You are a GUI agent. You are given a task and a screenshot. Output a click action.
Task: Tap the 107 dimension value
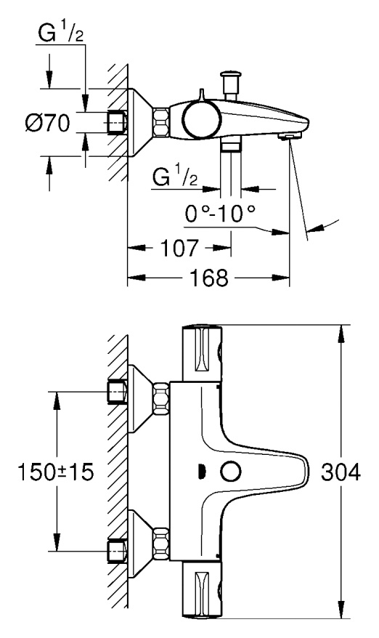tap(180, 248)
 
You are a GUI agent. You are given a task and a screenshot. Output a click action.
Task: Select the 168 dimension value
tap(209, 278)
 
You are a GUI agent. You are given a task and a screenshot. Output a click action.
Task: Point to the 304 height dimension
tap(341, 472)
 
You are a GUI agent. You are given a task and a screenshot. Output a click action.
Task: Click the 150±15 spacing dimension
tap(56, 472)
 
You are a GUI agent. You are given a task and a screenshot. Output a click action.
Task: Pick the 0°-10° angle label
tap(220, 213)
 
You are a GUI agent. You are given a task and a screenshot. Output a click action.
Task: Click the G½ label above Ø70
tap(61, 33)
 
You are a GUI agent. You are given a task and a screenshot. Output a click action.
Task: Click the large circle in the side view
tap(202, 118)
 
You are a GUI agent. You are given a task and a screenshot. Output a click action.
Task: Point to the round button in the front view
tap(231, 472)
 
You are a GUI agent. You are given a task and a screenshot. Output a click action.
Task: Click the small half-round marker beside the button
tap(200, 472)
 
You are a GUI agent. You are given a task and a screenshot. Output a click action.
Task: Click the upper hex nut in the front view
tap(161, 398)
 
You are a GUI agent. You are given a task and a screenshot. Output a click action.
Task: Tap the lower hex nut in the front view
tap(161, 544)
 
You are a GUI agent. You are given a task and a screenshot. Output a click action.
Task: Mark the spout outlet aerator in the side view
tap(289, 136)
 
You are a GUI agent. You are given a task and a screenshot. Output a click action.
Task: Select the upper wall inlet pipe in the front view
tap(117, 392)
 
